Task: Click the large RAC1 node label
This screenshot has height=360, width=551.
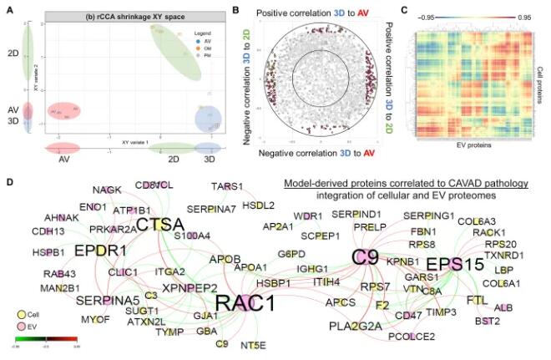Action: [247, 302]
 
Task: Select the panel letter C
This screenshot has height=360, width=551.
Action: [403, 10]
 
